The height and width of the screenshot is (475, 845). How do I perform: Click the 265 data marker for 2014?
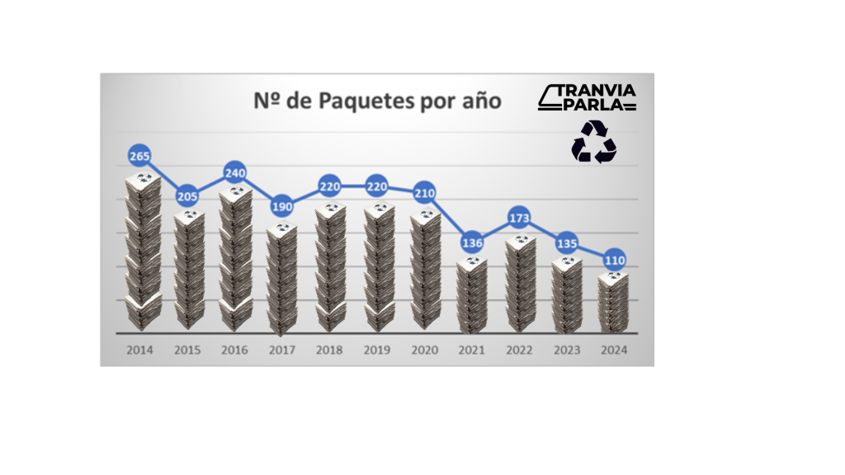click(141, 155)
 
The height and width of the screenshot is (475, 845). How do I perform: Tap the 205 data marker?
click(188, 195)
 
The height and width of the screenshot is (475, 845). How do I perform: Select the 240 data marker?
click(235, 172)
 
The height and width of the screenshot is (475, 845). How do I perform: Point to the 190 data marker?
click(282, 205)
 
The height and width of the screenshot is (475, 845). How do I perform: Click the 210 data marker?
click(424, 193)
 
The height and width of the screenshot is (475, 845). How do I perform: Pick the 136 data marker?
click(472, 242)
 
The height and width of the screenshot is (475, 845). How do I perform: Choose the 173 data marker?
click(519, 218)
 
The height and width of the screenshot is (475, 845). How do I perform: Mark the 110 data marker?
click(614, 260)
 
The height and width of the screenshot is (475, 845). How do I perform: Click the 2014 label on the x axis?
click(140, 350)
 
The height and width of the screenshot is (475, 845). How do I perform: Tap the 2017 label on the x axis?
click(282, 350)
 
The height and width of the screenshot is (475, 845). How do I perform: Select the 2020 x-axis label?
click(424, 350)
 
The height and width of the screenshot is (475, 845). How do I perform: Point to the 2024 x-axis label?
click(614, 350)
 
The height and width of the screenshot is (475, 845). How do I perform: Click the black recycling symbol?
click(594, 141)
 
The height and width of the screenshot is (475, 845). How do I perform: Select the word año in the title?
click(480, 101)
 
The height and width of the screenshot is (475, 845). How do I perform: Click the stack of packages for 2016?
click(236, 259)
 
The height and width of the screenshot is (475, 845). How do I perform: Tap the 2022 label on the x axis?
click(519, 350)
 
